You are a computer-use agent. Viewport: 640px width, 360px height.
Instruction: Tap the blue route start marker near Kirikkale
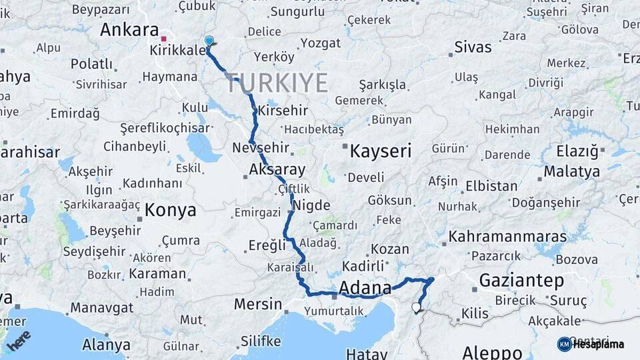click(209, 41)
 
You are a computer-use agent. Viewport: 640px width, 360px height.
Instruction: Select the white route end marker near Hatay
click(417, 307)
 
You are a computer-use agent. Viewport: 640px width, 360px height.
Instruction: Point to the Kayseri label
click(381, 151)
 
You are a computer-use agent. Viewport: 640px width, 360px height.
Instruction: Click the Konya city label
click(171, 211)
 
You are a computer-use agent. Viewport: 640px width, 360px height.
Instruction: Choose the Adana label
click(365, 288)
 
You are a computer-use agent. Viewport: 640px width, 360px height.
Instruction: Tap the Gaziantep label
click(521, 281)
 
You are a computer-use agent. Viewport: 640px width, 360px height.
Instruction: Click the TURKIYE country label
click(278, 83)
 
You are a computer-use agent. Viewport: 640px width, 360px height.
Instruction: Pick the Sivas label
click(473, 47)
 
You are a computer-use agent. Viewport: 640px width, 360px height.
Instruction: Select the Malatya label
click(571, 172)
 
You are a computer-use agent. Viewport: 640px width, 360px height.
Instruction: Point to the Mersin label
click(258, 305)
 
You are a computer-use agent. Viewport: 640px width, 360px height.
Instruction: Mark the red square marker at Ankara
click(163, 30)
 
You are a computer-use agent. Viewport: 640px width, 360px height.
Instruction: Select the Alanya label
click(106, 345)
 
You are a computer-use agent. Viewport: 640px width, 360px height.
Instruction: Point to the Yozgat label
click(321, 43)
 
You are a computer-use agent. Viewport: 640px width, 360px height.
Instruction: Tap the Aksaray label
click(277, 169)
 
